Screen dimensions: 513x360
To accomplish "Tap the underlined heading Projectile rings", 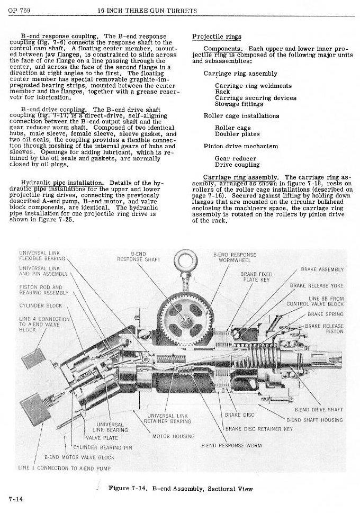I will pyautogui.click(x=217, y=37).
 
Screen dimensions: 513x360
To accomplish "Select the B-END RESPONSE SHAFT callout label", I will pyautogui.click(x=138, y=257).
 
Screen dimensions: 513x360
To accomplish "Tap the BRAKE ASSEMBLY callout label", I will pyautogui.click(x=322, y=269).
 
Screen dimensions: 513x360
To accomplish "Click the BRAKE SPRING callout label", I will pyautogui.click(x=325, y=314).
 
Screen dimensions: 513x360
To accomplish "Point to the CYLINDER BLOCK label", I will pyautogui.click(x=41, y=305).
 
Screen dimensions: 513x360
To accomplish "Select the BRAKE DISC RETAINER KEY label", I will pyautogui.click(x=258, y=428).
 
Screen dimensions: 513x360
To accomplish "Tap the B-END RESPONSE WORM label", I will pyautogui.click(x=231, y=446).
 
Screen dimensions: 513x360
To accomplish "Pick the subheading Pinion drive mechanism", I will pyautogui.click(x=240, y=146).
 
